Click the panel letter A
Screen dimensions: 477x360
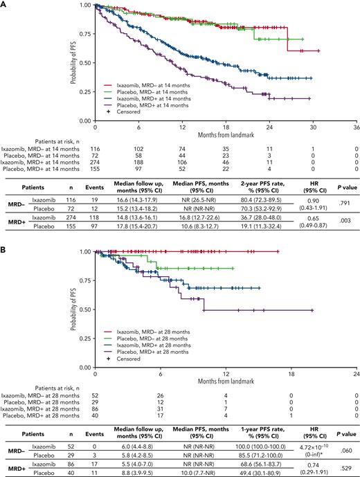[4, 4]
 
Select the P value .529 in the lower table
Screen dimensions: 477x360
[341, 466]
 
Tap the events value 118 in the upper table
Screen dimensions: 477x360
[127, 217]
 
